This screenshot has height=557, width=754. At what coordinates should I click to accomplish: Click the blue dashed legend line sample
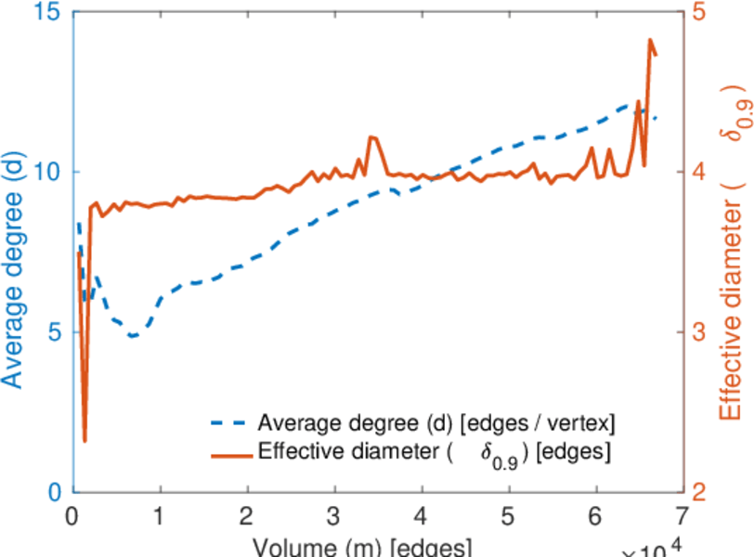229,424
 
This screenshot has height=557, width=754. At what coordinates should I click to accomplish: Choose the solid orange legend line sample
229,454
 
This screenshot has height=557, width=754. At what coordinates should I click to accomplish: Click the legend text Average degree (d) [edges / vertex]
436,424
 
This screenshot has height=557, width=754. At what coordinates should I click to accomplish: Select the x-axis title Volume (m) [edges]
363,546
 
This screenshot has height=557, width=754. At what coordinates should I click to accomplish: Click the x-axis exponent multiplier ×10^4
655,550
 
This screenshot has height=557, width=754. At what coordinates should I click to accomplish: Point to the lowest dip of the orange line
84,441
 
